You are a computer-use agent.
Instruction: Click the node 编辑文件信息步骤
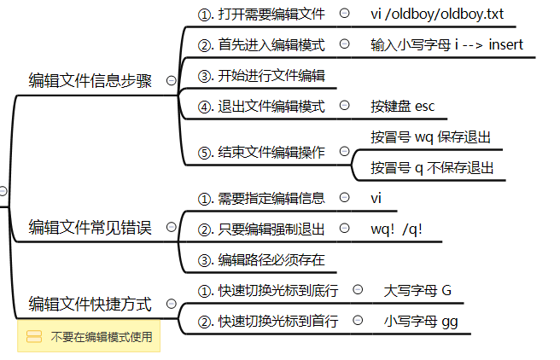(x=90, y=82)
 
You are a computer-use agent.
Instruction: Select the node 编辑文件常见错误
(x=90, y=227)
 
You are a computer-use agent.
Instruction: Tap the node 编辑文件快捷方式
(x=90, y=304)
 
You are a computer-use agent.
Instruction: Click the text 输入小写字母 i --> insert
(x=446, y=44)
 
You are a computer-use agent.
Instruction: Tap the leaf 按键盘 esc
(x=402, y=107)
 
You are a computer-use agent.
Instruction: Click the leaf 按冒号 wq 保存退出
(x=431, y=137)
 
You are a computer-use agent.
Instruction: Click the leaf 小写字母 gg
(x=420, y=322)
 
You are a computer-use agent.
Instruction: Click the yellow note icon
(x=34, y=337)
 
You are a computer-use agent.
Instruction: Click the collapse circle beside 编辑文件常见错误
(x=171, y=227)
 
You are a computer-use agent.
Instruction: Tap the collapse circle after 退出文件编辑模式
(x=344, y=107)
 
